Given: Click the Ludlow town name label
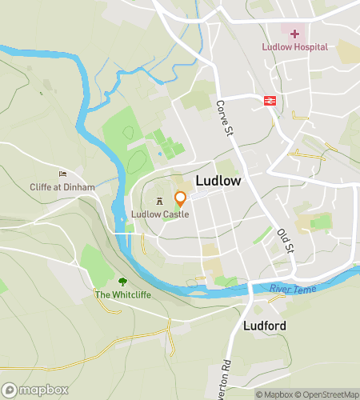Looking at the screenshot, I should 218,182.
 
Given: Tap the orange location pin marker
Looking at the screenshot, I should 181,198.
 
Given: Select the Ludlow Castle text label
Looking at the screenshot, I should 161,214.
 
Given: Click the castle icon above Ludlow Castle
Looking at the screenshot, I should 160,199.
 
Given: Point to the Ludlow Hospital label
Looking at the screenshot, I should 294,46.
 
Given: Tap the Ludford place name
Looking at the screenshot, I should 264,326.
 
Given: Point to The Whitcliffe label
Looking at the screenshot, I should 122,295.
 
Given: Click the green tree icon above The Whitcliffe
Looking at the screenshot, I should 122,282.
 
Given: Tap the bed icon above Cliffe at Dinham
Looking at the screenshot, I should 63,174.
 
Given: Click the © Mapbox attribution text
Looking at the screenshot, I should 273,394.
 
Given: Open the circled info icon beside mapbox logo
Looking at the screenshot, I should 10,390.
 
